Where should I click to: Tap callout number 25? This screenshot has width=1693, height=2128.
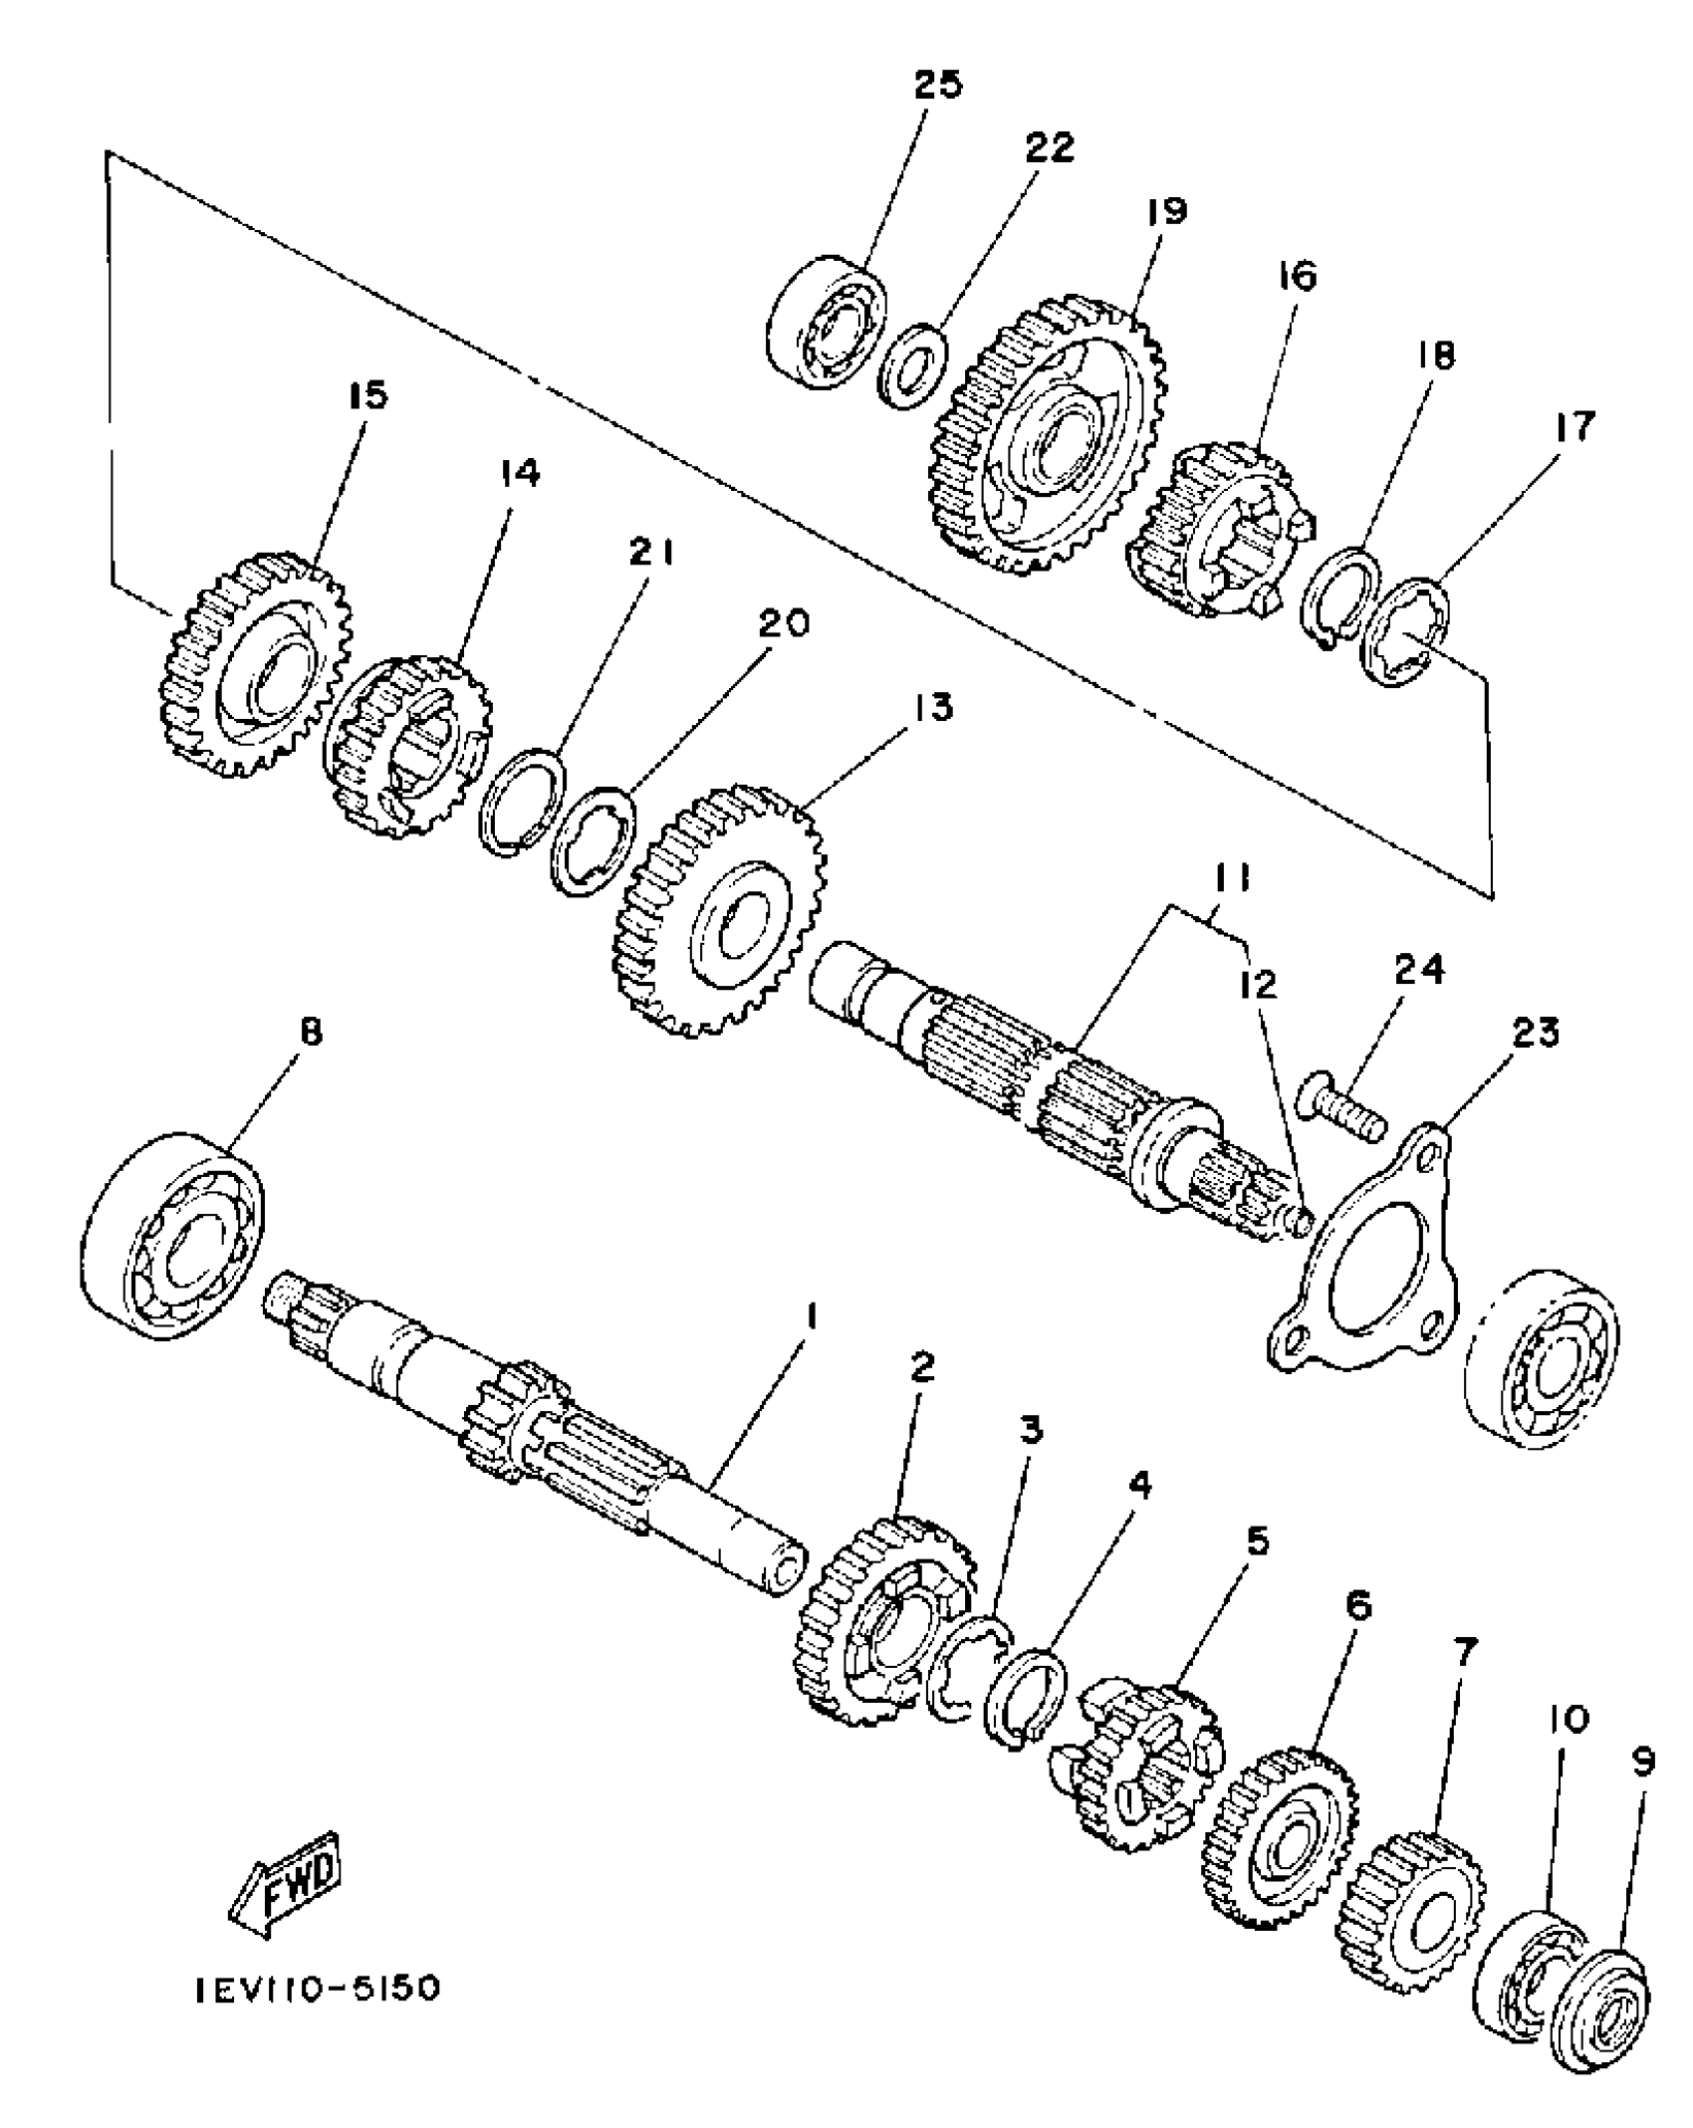click(x=938, y=85)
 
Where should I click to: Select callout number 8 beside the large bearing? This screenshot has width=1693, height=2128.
click(x=311, y=1033)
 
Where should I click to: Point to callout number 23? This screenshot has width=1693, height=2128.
click(x=1535, y=1033)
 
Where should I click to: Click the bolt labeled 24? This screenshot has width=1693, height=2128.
click(x=1340, y=1107)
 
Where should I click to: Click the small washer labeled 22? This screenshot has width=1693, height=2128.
click(x=913, y=364)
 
